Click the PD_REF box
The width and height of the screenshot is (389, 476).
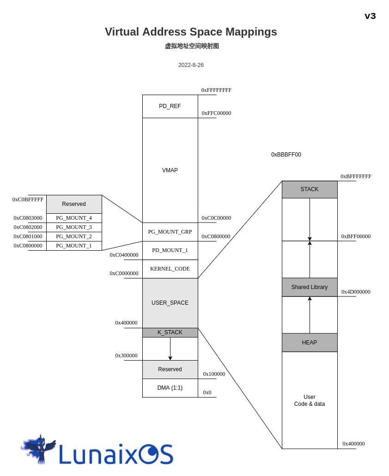point(170,106)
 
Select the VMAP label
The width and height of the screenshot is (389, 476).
point(170,170)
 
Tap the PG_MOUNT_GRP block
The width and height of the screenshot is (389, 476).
point(170,232)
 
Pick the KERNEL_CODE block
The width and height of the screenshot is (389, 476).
point(170,269)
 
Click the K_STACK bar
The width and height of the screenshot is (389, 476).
point(170,332)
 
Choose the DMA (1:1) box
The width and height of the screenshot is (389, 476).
point(170,388)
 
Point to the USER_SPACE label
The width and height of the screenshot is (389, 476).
point(170,303)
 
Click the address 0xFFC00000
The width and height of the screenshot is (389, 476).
point(216,113)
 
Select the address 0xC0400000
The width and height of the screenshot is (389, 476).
point(124,255)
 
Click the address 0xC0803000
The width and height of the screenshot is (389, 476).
point(28,218)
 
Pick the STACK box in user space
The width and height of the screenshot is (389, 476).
point(310,189)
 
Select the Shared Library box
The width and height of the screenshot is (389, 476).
point(310,287)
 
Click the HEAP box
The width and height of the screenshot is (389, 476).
point(310,343)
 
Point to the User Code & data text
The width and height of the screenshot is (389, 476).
point(310,400)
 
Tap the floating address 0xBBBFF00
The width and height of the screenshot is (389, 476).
point(286,155)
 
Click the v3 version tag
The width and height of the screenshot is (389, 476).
point(370,16)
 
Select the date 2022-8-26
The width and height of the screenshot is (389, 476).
point(191,65)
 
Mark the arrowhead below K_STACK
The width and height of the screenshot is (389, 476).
point(170,358)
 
